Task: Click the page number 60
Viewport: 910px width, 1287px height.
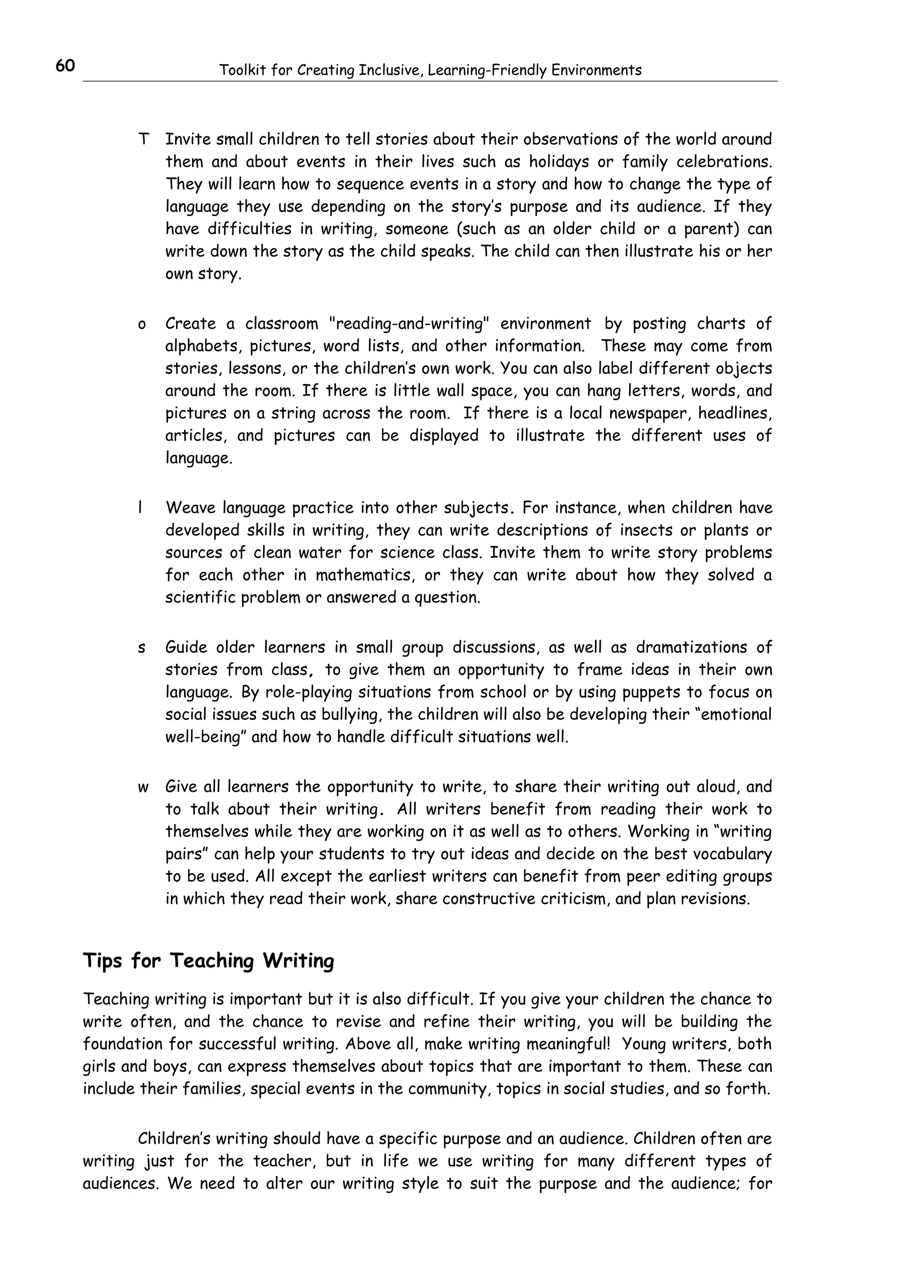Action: (x=65, y=66)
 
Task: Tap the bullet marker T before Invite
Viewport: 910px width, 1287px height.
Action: (x=143, y=139)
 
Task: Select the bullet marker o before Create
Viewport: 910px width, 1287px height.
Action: (x=142, y=325)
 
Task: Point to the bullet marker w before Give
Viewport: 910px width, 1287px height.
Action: (x=143, y=787)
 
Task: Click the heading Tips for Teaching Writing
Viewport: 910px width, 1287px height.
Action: (x=208, y=960)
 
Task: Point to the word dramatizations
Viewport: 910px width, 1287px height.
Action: (x=691, y=647)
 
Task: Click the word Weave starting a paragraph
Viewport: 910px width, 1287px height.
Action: (x=190, y=508)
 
